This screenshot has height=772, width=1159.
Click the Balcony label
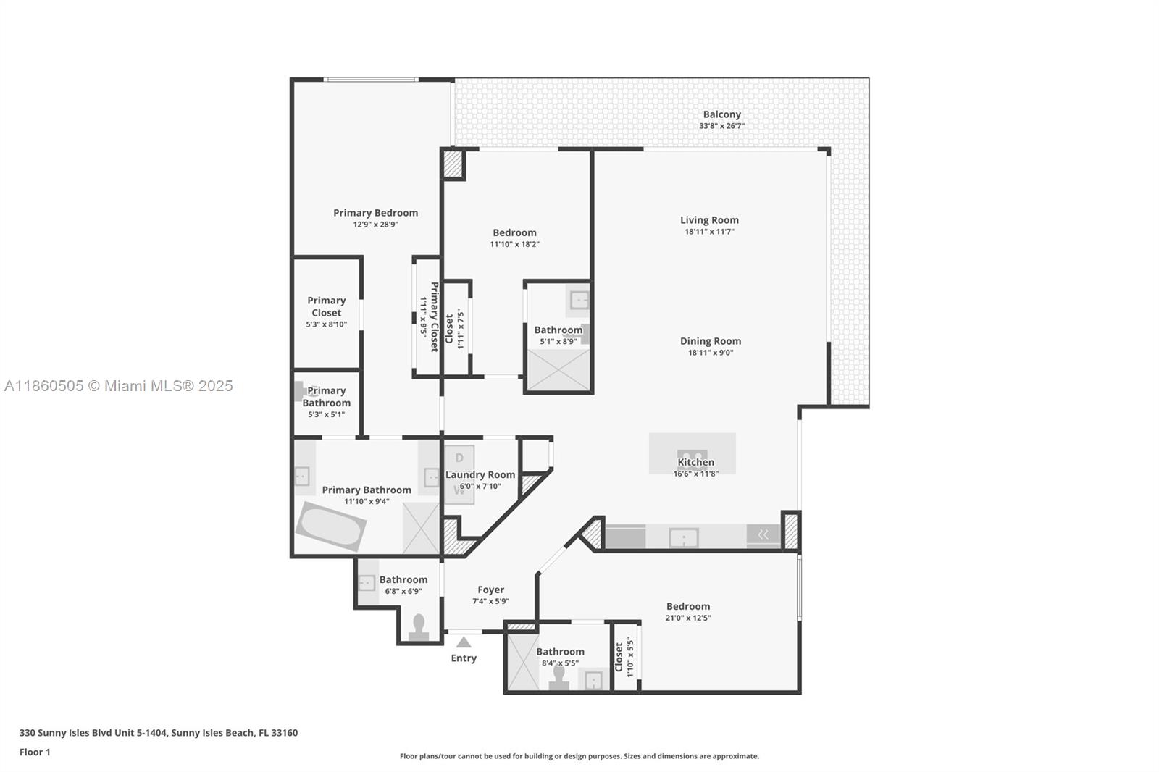(721, 114)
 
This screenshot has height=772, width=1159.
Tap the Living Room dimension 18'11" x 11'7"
(709, 232)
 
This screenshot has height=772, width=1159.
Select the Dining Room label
(710, 341)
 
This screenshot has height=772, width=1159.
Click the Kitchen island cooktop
(692, 456)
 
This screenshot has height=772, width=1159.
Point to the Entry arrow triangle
(464, 642)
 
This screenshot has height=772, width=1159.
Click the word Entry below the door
(464, 658)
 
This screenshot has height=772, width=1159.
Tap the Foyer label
(490, 590)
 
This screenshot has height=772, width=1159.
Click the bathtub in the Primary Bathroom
(330, 526)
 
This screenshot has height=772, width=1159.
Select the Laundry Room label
(480, 475)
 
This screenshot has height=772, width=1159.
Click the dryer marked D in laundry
(459, 458)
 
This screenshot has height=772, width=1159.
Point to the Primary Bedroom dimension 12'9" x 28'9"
(375, 225)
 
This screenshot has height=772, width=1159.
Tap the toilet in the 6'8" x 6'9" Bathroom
(419, 628)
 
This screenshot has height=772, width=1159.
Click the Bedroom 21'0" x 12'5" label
(687, 607)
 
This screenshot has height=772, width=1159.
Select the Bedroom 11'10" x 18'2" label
(514, 233)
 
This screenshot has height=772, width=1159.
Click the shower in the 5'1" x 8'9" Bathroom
(558, 370)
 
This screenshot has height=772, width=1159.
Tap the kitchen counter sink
(683, 537)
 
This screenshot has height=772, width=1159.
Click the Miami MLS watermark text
(119, 386)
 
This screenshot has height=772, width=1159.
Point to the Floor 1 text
(35, 752)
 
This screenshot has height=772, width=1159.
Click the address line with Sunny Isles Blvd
(158, 733)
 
